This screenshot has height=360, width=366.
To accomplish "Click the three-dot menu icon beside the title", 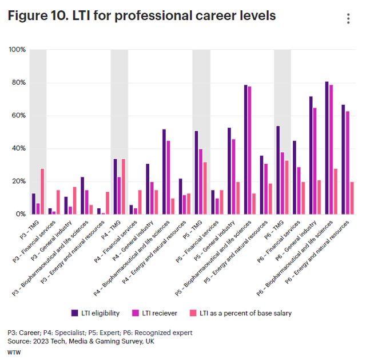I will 348,18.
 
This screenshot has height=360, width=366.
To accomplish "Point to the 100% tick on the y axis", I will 17,50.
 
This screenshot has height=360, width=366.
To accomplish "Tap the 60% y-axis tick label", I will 19,116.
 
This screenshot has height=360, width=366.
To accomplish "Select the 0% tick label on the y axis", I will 21,214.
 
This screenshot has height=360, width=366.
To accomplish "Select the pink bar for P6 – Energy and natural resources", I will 352,197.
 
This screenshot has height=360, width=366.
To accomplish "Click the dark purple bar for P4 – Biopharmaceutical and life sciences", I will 164,172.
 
